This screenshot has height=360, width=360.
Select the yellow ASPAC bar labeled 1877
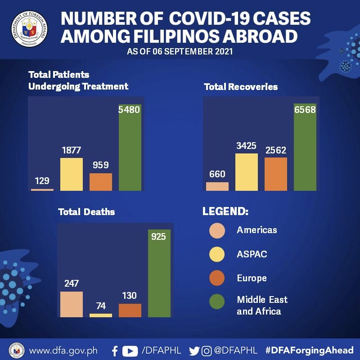[x=72, y=174]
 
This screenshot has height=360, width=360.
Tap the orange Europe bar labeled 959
[x=101, y=182]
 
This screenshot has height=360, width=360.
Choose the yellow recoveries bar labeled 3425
[x=247, y=172]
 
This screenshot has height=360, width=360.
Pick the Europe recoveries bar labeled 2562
[x=276, y=174]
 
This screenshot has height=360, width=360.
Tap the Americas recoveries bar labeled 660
[x=217, y=186]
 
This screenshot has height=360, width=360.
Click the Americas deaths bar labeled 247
[x=72, y=304]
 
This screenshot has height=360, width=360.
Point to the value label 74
[x=101, y=306]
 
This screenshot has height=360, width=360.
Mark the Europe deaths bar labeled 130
[x=130, y=310]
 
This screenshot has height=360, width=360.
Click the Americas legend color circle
[x=217, y=230]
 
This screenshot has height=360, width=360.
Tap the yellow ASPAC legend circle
[x=217, y=254]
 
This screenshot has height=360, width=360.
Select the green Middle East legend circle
[x=217, y=302]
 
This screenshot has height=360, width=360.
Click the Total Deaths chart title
[x=86, y=211]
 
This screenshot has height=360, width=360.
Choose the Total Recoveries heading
[x=241, y=86]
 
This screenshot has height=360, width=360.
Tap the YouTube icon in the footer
[x=130, y=351]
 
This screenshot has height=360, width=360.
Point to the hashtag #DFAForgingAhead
[x=310, y=351]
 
